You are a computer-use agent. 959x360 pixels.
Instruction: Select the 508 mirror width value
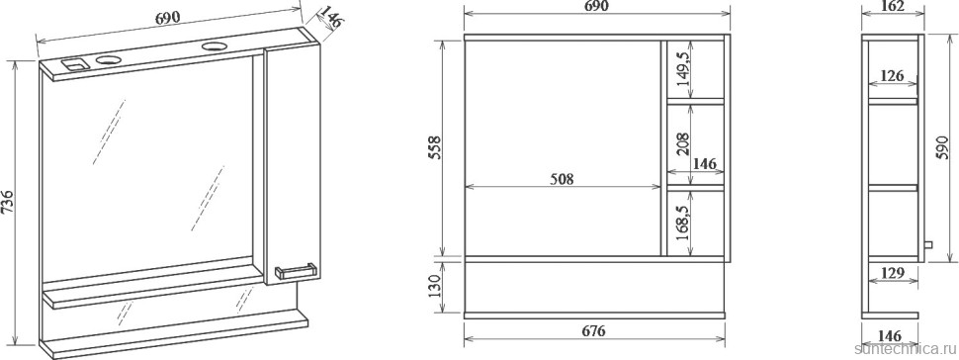(562, 179)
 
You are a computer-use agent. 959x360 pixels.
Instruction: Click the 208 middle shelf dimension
(683, 143)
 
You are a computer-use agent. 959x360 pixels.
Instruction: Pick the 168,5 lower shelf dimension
(683, 223)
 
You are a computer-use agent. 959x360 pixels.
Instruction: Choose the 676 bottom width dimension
(593, 331)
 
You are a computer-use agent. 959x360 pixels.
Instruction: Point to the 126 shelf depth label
(893, 75)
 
